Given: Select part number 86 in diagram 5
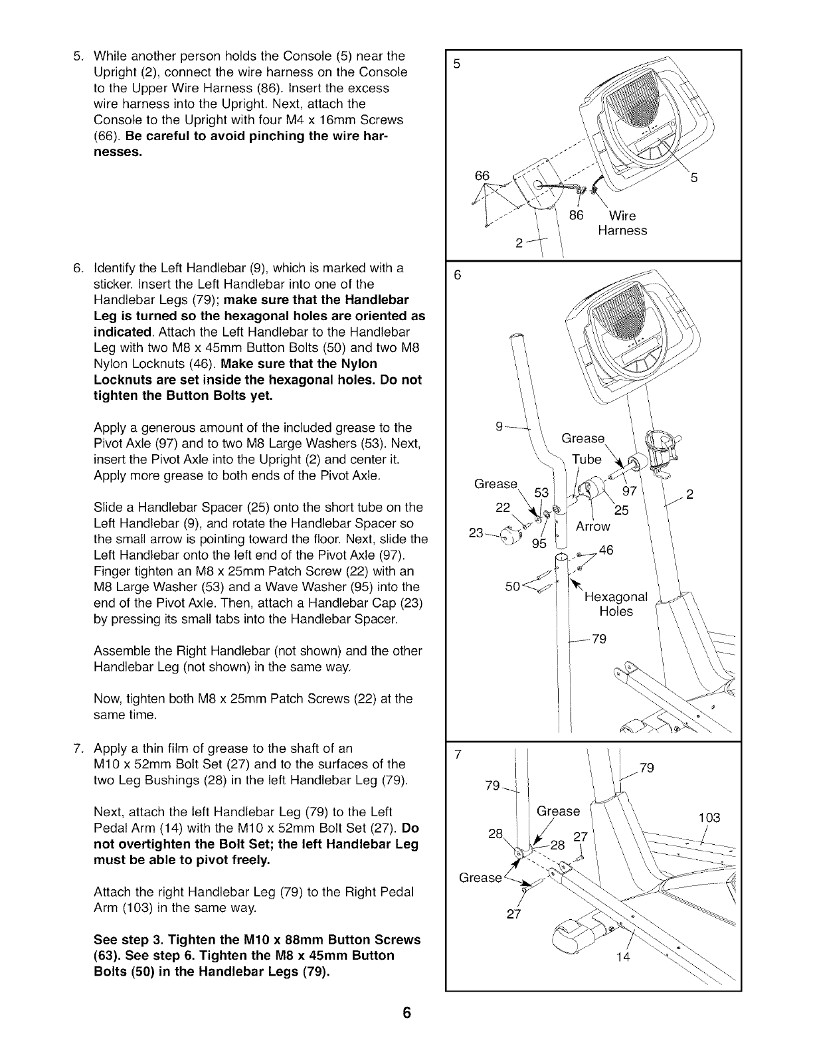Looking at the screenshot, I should tap(577, 215).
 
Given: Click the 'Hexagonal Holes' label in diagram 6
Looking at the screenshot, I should tap(616, 604).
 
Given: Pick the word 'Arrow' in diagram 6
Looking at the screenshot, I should tap(592, 527).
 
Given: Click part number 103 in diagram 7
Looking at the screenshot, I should tap(709, 818).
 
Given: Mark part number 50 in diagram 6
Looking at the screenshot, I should tap(513, 586).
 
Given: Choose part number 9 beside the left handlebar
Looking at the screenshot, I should tap(500, 428).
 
